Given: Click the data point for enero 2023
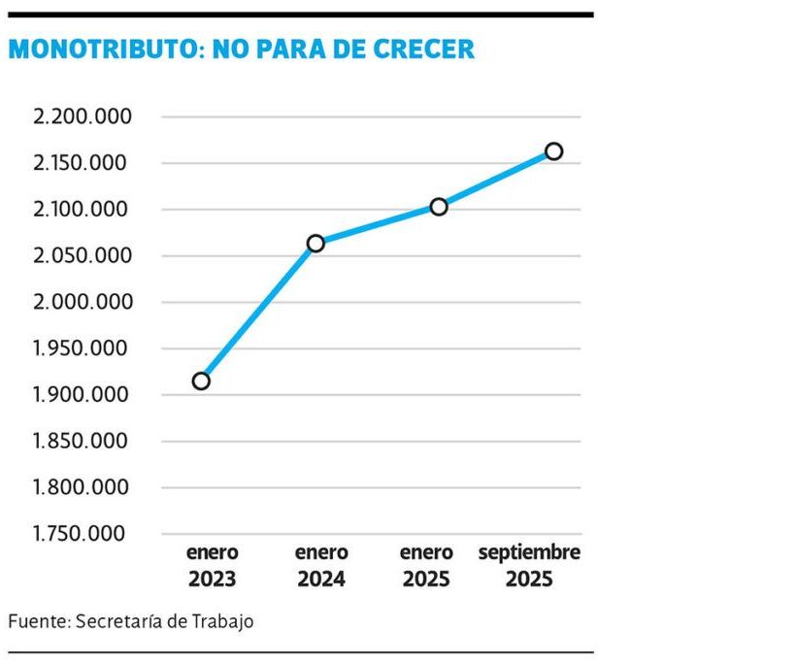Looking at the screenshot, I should [201, 381].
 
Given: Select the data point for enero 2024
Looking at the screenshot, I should [315, 243].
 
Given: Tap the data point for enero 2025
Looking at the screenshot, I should [439, 206].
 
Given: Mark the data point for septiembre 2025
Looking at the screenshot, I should [554, 150].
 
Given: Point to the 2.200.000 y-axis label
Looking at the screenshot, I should [82, 117].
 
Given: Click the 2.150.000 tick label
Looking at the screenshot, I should [82, 163].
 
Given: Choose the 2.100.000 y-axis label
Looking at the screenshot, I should [82, 210].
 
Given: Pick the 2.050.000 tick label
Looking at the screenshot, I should [82, 256].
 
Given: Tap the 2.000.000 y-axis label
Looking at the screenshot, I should [82, 302].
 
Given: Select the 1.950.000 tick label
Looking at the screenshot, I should [82, 348].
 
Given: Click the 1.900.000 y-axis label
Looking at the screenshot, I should [82, 395].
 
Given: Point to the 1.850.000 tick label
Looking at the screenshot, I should [82, 442].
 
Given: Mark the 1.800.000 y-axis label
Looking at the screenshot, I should [82, 487].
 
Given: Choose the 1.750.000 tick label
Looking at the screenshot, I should [82, 534].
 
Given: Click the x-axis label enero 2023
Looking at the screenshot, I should [213, 566].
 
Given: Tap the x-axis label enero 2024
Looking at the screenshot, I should [321, 566].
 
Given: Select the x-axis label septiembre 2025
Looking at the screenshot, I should [529, 566].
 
